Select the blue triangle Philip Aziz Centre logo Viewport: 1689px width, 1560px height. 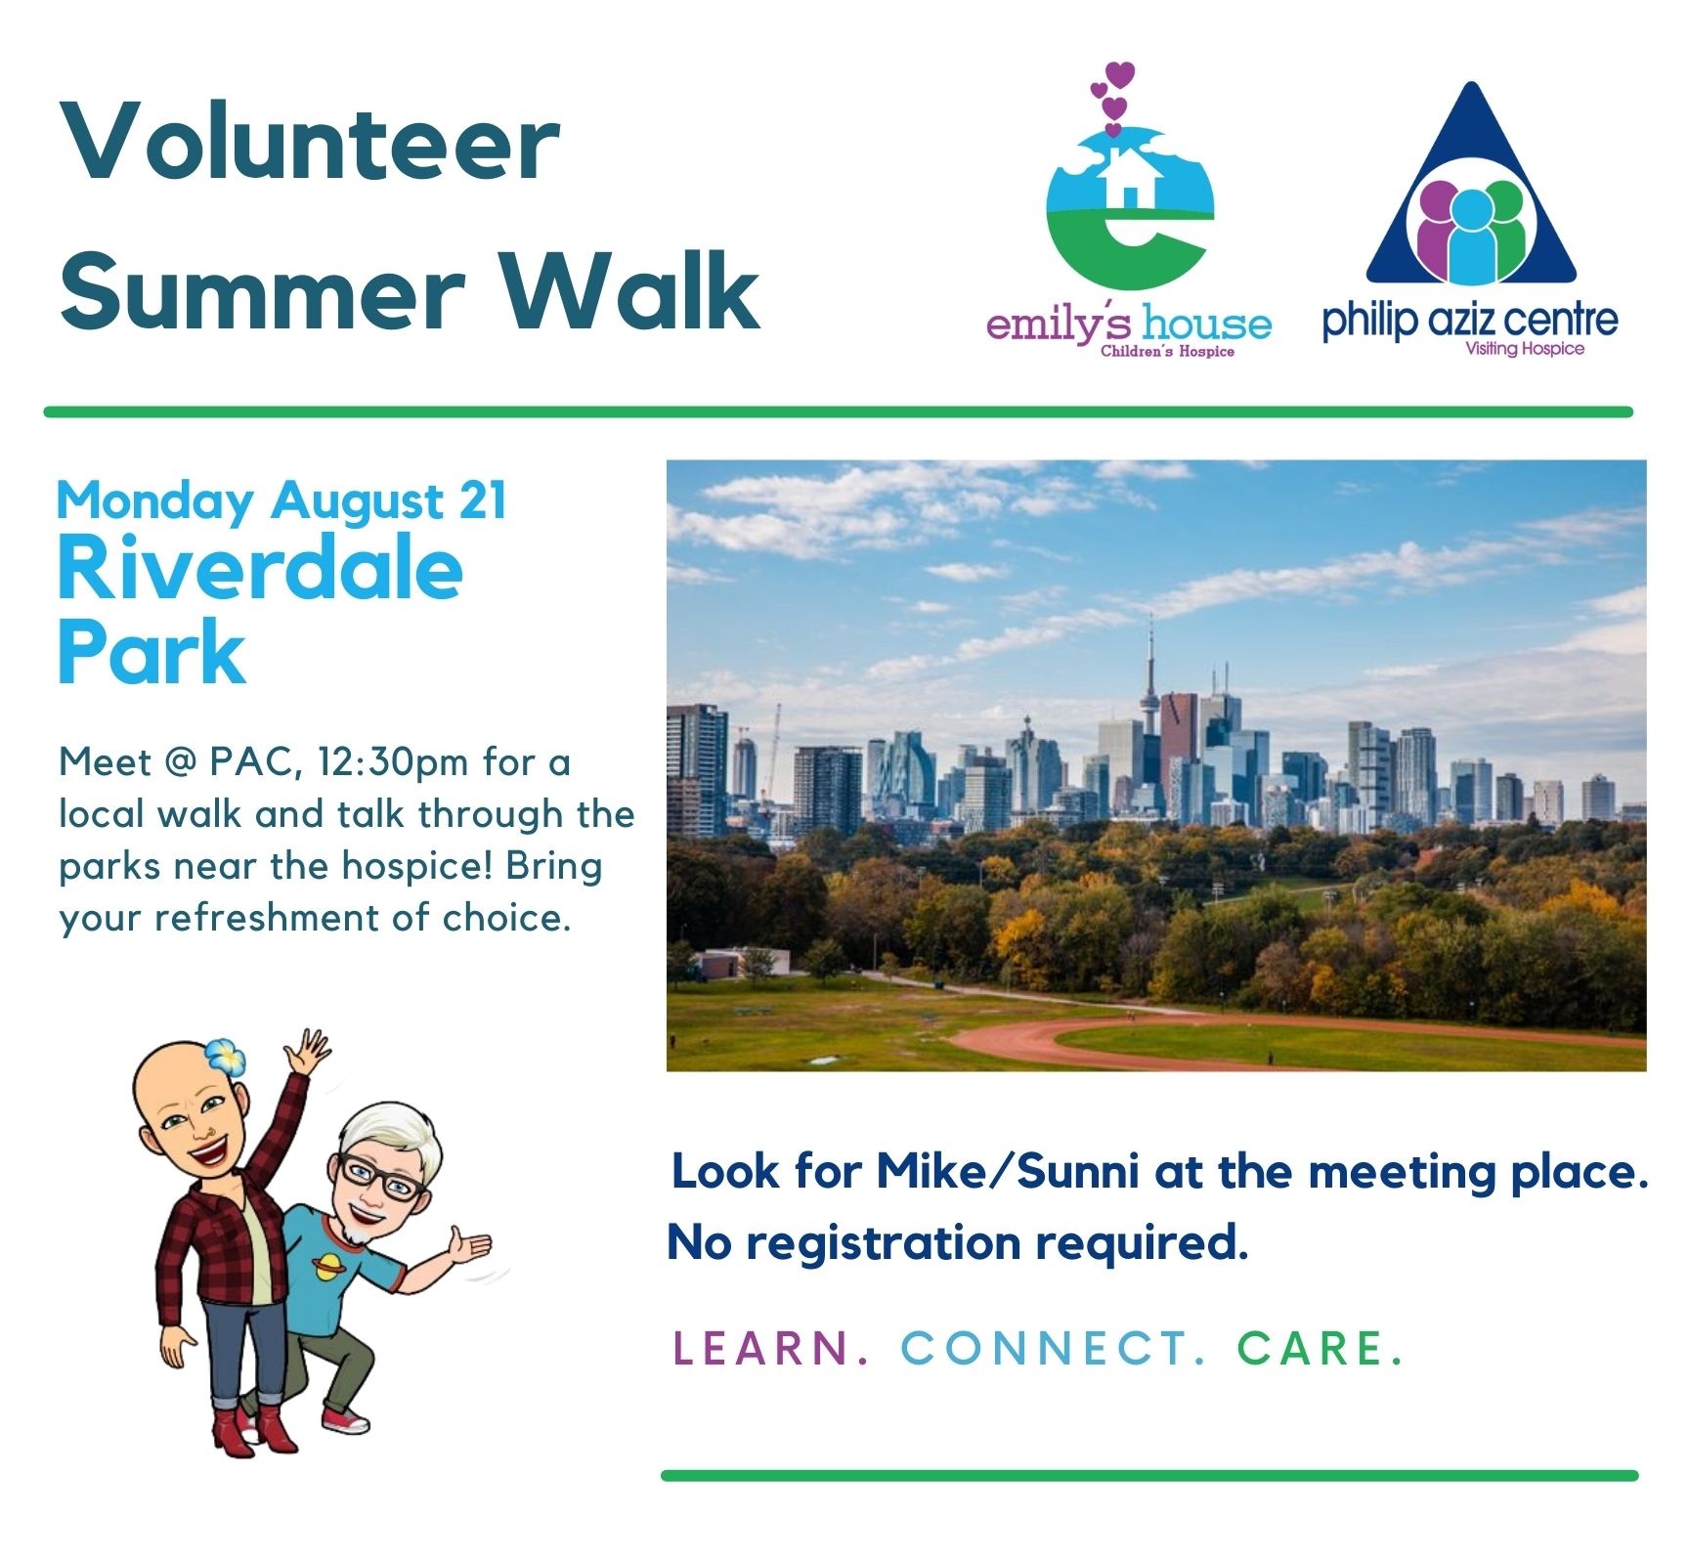[x=1471, y=186]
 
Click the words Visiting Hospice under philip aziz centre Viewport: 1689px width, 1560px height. [x=1525, y=349]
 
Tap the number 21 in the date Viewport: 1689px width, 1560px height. [x=483, y=500]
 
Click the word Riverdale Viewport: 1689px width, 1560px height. [x=260, y=569]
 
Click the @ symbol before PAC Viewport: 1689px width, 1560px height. [x=182, y=762]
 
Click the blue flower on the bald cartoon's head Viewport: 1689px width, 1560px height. [x=225, y=1057]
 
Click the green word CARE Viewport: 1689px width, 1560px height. [x=1321, y=1349]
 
